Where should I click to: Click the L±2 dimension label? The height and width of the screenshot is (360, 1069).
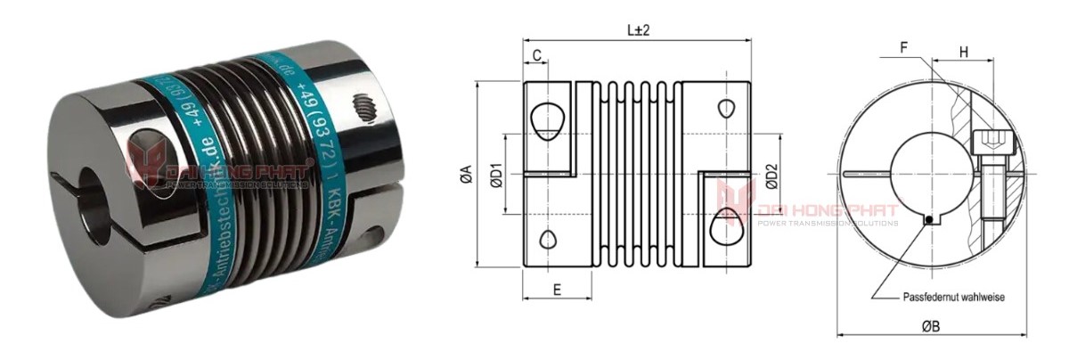coord(638,29)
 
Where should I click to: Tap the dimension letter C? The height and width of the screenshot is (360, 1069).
coord(537,56)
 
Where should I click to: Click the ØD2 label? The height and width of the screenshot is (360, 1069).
coord(772,174)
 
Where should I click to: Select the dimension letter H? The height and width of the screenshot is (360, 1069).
coord(964,53)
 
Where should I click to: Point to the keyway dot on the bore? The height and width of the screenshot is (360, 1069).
coord(928,218)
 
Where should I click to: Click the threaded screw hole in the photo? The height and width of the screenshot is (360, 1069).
coord(364,109)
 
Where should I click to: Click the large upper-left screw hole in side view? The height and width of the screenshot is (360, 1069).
coord(545,120)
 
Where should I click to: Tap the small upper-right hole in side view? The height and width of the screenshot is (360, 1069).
coord(727,107)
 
